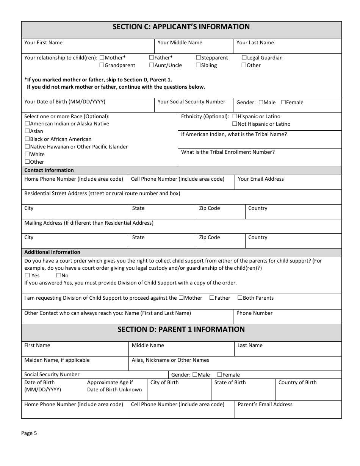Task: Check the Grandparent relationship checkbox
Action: (x=102, y=65)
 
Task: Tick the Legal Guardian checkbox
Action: (x=244, y=58)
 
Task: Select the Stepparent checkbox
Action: (x=199, y=58)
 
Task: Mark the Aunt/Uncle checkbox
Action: (x=152, y=65)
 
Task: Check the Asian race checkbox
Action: (x=27, y=131)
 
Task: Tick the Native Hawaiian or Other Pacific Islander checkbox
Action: (x=27, y=147)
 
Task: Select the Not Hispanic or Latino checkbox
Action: (x=235, y=124)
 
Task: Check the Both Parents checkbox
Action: (x=240, y=298)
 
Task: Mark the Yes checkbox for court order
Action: (x=27, y=275)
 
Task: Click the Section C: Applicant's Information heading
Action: (x=181, y=27)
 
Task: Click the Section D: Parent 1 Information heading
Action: (x=181, y=330)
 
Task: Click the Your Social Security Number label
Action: (x=191, y=102)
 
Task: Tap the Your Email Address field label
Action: (x=261, y=179)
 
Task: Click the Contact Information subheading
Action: (x=49, y=170)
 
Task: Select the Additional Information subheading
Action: (x=52, y=252)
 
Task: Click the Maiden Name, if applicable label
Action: (x=57, y=360)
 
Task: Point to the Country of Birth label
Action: (x=297, y=383)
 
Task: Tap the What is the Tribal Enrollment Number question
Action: (x=228, y=152)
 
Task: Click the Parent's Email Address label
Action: (x=265, y=405)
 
